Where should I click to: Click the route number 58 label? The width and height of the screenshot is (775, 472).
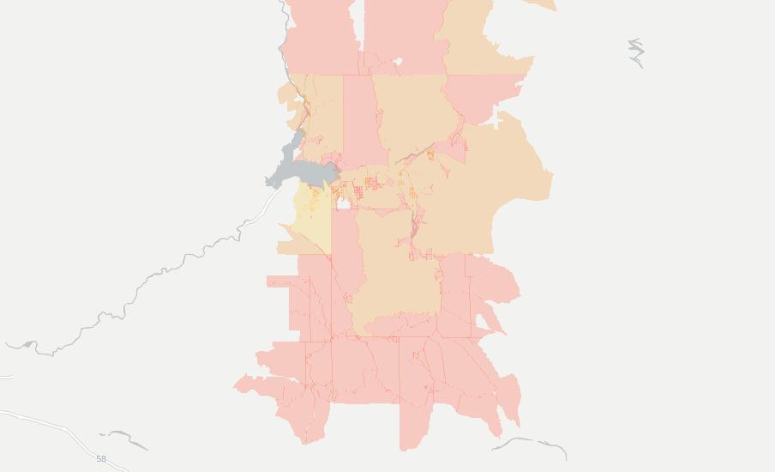(x=101, y=459)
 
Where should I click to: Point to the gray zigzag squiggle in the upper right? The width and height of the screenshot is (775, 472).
(x=635, y=52)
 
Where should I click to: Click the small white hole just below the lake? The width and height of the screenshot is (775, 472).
(x=344, y=203)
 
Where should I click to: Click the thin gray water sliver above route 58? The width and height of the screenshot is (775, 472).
(x=127, y=439)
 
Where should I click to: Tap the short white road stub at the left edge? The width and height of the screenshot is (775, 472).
(x=5, y=376)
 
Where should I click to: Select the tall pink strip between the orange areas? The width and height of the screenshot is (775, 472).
(x=357, y=120)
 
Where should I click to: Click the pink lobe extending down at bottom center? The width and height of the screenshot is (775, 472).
(x=416, y=425)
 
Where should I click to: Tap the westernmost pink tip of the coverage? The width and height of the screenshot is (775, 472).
(x=239, y=385)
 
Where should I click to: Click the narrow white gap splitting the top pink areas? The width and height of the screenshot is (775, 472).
(x=360, y=30)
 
